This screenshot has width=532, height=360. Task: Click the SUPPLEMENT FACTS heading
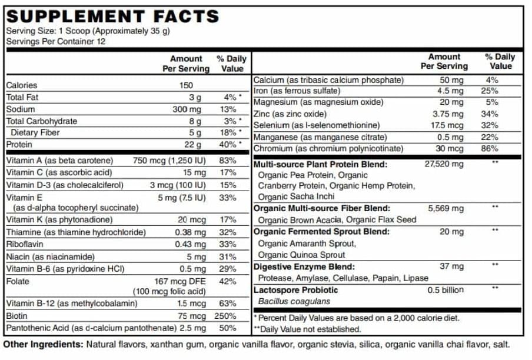tap(112, 16)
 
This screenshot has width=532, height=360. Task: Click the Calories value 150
tap(186, 85)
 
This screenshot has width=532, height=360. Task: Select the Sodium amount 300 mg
tap(188, 109)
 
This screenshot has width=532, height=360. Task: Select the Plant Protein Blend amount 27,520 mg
tap(444, 164)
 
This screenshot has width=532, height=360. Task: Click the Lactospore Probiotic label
tap(295, 290)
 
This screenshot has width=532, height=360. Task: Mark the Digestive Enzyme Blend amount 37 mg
tap(451, 266)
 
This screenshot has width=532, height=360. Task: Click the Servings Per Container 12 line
tap(56, 42)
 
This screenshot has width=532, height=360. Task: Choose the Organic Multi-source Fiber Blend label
tap(321, 208)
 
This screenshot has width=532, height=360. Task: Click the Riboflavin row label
tap(23, 244)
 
